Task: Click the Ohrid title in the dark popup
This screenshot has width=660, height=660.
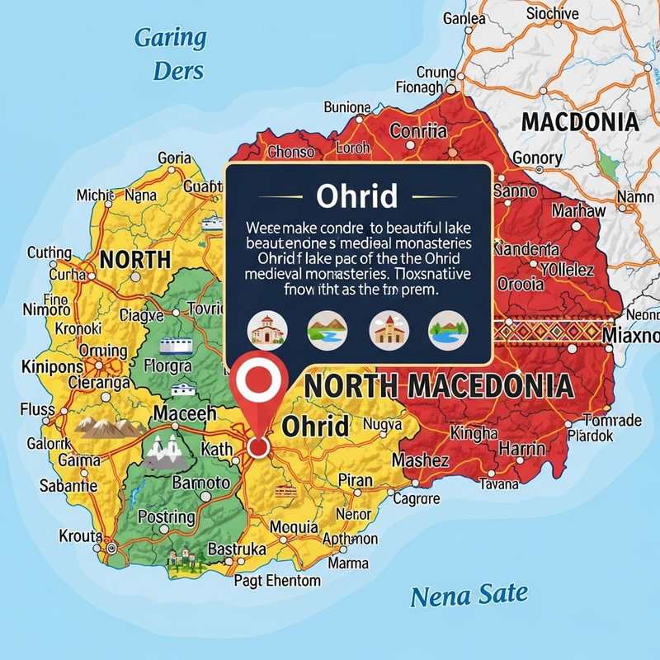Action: pos(357,196)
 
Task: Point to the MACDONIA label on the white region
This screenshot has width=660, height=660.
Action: pos(580,122)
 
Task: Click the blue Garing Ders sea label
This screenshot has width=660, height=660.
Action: pos(171,54)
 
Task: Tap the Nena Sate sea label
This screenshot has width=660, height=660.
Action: pos(469,595)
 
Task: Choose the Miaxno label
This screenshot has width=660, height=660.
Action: pos(631,336)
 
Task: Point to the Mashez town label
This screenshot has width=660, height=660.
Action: pos(420,460)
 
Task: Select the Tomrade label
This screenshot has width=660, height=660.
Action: pos(611,420)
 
